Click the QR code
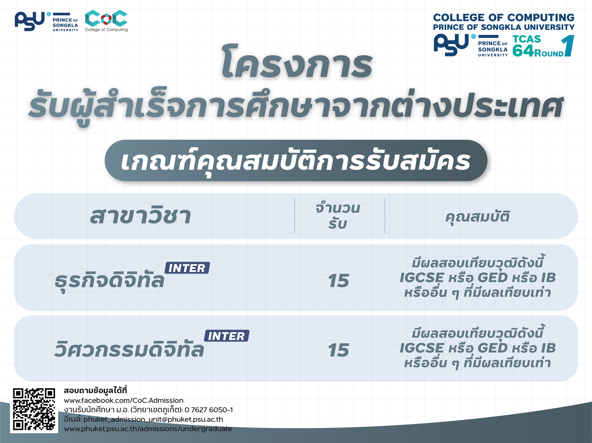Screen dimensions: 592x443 pos(34,409)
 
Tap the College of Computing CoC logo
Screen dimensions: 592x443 pos(106,21)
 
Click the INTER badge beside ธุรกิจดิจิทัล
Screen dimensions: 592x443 pos(187,268)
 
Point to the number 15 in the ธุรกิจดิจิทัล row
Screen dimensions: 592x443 pos(338,281)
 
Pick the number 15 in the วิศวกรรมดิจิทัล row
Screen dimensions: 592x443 pos(338,350)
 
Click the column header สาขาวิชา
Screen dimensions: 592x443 pos(141,215)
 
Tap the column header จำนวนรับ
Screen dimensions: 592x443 pos(338,216)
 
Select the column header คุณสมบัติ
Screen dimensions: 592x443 pos(477,217)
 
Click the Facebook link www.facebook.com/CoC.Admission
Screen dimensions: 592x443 pos(124,400)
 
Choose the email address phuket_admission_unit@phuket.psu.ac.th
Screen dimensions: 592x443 pos(153,419)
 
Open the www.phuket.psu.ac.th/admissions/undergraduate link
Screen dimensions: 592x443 pos(148,429)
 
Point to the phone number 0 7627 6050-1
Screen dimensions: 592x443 pos(209,410)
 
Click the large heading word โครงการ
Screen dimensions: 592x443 pos(297,62)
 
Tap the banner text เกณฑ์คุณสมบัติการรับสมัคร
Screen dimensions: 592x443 pos(296,161)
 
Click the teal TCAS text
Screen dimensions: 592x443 pos(527,39)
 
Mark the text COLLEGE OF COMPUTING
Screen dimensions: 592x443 pos(504,18)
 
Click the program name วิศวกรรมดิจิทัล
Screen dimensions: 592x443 pos(129,349)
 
